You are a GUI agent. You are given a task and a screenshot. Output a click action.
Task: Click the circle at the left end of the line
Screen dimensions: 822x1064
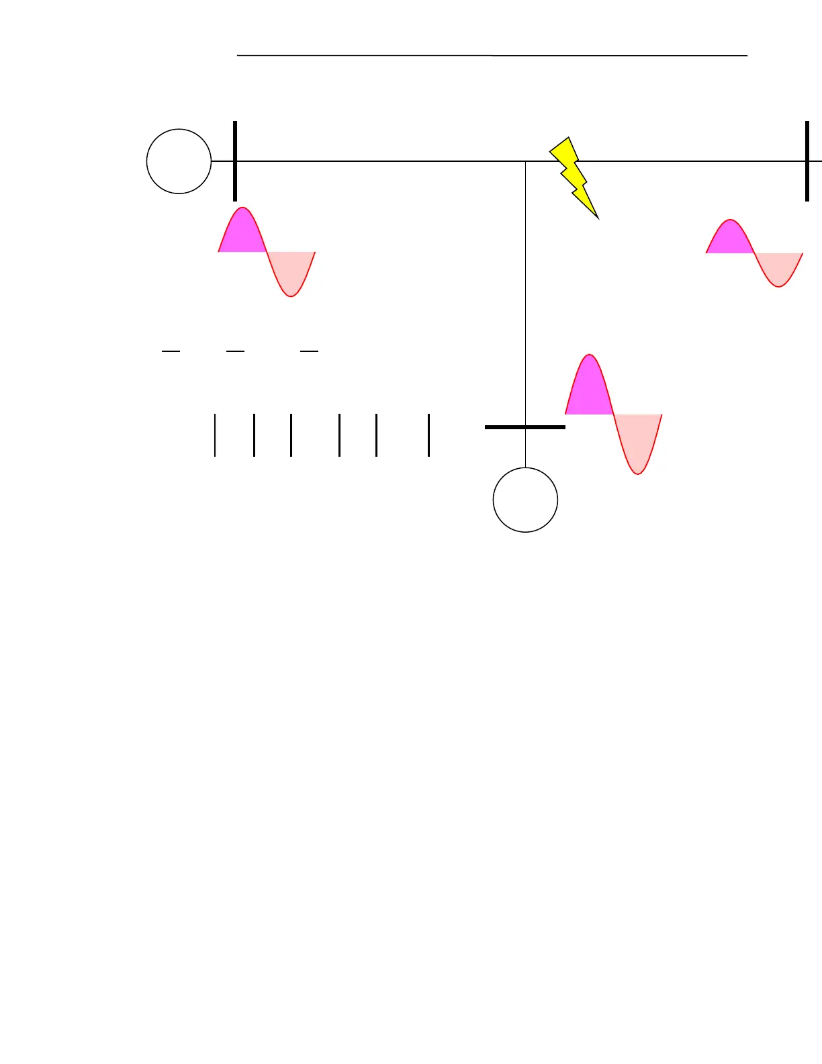click(179, 161)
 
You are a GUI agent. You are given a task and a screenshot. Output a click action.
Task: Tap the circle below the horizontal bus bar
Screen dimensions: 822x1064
click(525, 500)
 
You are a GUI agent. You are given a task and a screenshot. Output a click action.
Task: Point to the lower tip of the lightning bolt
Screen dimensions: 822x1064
click(596, 217)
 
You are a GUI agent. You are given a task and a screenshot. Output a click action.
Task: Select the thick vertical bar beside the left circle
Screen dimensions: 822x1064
click(235, 161)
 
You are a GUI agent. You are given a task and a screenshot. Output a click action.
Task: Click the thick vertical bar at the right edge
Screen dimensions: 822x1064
click(807, 161)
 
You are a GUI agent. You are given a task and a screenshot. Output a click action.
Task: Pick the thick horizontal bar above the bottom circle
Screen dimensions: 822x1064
click(525, 427)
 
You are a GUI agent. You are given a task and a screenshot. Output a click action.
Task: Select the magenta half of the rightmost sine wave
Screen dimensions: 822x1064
click(730, 239)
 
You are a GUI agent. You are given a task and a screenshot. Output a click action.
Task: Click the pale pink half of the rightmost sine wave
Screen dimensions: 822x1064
click(778, 267)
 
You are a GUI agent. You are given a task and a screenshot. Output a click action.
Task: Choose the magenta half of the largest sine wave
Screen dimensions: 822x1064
click(590, 390)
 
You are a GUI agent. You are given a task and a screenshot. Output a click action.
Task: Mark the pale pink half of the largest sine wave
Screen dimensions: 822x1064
click(637, 440)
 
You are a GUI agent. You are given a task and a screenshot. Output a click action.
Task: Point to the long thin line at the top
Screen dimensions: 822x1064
click(492, 56)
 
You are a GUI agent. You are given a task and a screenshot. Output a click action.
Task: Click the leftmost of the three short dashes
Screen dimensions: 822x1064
click(171, 351)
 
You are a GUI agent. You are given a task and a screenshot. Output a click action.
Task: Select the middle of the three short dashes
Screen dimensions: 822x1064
click(235, 351)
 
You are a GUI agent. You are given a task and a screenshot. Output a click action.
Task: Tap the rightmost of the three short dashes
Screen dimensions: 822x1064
click(309, 351)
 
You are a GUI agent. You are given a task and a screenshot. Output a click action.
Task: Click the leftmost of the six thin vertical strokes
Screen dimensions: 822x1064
click(215, 435)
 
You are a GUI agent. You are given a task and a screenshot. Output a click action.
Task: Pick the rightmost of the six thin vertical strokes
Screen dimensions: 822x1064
click(428, 435)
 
